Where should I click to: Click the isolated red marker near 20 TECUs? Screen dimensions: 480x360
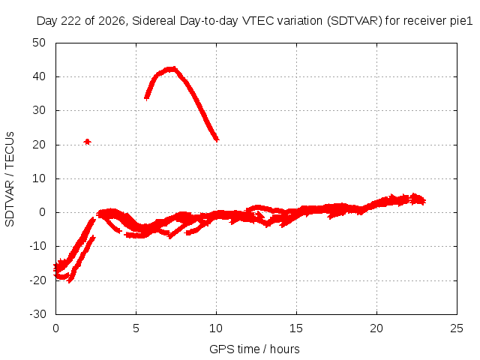pyautogui.click(x=87, y=142)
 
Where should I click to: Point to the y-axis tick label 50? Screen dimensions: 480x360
pyautogui.click(x=39, y=43)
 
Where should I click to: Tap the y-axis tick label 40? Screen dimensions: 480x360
pyautogui.click(x=39, y=76)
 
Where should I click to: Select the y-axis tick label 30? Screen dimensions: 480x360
pyautogui.click(x=39, y=110)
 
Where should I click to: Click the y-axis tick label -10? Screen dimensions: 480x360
pyautogui.click(x=37, y=246)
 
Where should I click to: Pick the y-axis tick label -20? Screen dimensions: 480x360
pyautogui.click(x=37, y=280)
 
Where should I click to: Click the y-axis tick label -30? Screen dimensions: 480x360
pyautogui.click(x=37, y=314)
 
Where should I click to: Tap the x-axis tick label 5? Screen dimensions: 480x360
pyautogui.click(x=136, y=328)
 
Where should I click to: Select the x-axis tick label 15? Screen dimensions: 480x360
pyautogui.click(x=296, y=328)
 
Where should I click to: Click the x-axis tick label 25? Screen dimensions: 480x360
pyautogui.click(x=457, y=328)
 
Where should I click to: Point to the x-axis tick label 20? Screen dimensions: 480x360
pyautogui.click(x=376, y=328)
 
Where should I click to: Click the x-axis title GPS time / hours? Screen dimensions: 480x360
pyautogui.click(x=254, y=349)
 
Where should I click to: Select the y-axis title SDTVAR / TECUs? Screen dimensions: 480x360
pyautogui.click(x=10, y=179)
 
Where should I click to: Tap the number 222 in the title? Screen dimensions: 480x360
pyautogui.click(x=71, y=21)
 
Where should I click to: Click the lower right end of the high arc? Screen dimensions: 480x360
pyautogui.click(x=217, y=139)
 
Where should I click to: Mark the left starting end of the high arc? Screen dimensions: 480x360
pyautogui.click(x=147, y=97)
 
